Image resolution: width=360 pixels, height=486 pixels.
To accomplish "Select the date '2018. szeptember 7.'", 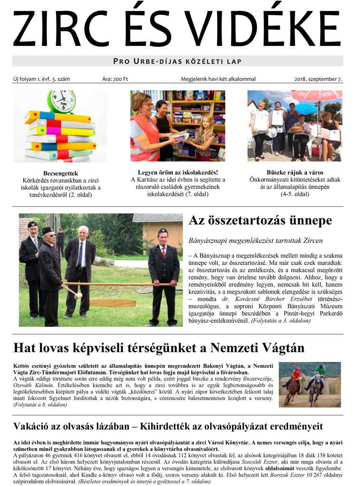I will point(318,79).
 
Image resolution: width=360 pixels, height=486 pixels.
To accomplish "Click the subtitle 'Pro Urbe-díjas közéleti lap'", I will point(178,61).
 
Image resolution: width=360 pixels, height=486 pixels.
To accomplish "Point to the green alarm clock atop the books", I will point(61,101).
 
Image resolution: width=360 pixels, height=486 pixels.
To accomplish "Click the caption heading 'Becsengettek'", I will point(60,173).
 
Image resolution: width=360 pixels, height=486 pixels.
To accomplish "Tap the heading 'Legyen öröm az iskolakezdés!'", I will point(178,172).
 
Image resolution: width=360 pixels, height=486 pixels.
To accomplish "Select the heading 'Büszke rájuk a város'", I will point(295,172).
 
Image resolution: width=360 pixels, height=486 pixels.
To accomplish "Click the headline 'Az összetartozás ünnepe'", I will point(260,221).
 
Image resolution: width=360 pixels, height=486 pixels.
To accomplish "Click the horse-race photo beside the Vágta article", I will point(310,384).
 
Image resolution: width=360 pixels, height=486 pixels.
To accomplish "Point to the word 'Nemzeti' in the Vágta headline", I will point(235,348).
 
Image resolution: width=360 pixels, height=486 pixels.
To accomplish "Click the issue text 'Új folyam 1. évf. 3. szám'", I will point(42,79).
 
